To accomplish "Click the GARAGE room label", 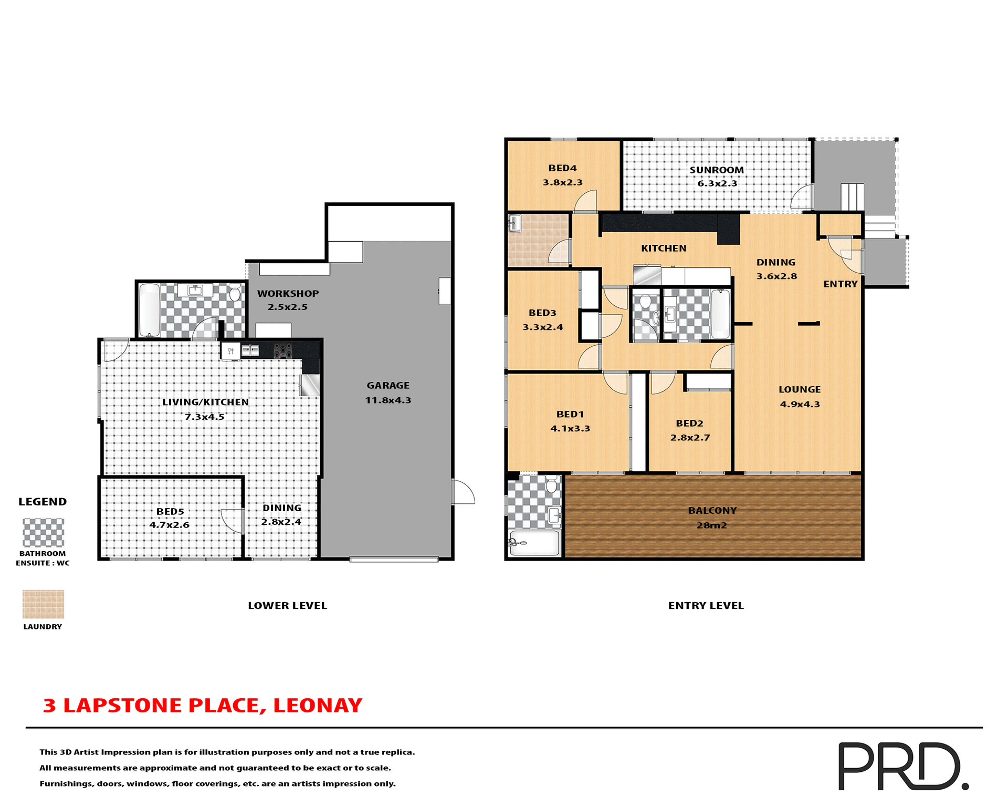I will pos(388,386).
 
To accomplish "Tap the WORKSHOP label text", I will pos(288,294).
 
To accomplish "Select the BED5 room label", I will pos(170,511).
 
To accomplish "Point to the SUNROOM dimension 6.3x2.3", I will pos(717,183).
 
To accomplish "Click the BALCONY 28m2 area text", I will pos(712,525).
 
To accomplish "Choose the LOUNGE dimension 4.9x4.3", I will pos(800,404).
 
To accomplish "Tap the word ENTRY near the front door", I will pos(840,284).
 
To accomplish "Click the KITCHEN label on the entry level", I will pos(664,249).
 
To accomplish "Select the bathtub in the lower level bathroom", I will pos(150,309).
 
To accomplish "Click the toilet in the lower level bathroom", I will pos(235,293).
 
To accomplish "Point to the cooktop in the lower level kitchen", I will pos(283,350).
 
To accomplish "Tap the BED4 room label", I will pos(562,168).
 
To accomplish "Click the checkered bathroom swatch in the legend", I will pos(43,532).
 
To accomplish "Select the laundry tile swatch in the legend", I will pos(43,604).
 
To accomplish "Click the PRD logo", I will pos(902,765).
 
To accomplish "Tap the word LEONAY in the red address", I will pos(318,705).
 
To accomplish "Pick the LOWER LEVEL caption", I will pos(287,606).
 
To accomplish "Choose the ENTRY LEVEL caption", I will pos(706,606).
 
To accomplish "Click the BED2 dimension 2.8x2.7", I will pos(690,438).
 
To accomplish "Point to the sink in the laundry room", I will pos(514,224).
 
